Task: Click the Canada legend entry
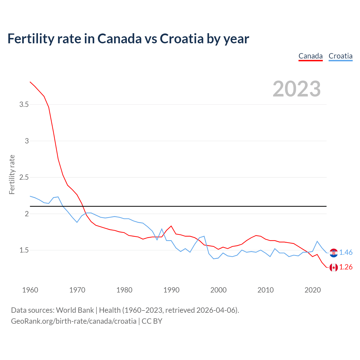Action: coord(310,56)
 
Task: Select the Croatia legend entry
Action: coord(340,56)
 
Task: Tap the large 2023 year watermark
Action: coord(297,89)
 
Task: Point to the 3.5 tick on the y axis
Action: coord(24,105)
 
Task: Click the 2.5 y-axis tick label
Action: coord(24,177)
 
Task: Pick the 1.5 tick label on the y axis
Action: coord(24,250)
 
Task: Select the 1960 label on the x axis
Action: coord(30,290)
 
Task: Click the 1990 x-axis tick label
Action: coord(171,290)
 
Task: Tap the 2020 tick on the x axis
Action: coord(312,290)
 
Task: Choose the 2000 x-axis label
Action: coord(218,290)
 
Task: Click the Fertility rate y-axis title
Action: coord(12,174)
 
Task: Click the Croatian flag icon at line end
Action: coord(334,253)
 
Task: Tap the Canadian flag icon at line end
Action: coord(334,267)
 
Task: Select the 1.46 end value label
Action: coord(346,253)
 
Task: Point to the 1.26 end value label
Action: coord(346,267)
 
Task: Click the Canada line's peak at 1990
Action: coord(171,226)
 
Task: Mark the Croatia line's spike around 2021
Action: coord(317,241)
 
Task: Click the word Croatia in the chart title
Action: coord(182,39)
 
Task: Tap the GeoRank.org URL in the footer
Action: coord(74,321)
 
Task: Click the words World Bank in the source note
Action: coord(75,310)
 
